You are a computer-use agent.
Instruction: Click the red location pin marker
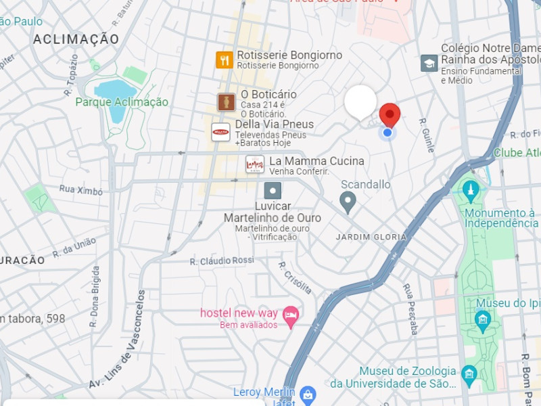(x=389, y=114)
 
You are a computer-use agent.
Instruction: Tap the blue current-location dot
(x=387, y=133)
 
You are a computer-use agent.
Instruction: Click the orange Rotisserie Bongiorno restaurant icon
(x=225, y=60)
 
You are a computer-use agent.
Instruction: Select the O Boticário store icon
(x=226, y=102)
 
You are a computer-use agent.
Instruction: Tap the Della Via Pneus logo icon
(x=221, y=132)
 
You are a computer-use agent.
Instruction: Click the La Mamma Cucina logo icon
(x=255, y=164)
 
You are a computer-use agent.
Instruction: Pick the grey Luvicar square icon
(x=273, y=190)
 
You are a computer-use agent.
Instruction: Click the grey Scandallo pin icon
(x=348, y=201)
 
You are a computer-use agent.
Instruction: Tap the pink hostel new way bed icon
(x=291, y=317)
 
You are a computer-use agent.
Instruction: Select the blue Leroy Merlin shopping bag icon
(x=308, y=394)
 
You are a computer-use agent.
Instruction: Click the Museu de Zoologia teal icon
(x=469, y=374)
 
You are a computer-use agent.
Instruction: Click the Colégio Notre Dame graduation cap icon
(x=429, y=63)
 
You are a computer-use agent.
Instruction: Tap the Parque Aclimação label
(x=122, y=102)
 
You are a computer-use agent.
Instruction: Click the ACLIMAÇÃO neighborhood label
(x=76, y=39)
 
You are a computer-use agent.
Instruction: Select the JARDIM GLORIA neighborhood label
(x=371, y=237)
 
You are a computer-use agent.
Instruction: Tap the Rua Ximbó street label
(x=80, y=190)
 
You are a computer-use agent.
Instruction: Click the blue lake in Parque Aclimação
(x=115, y=91)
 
